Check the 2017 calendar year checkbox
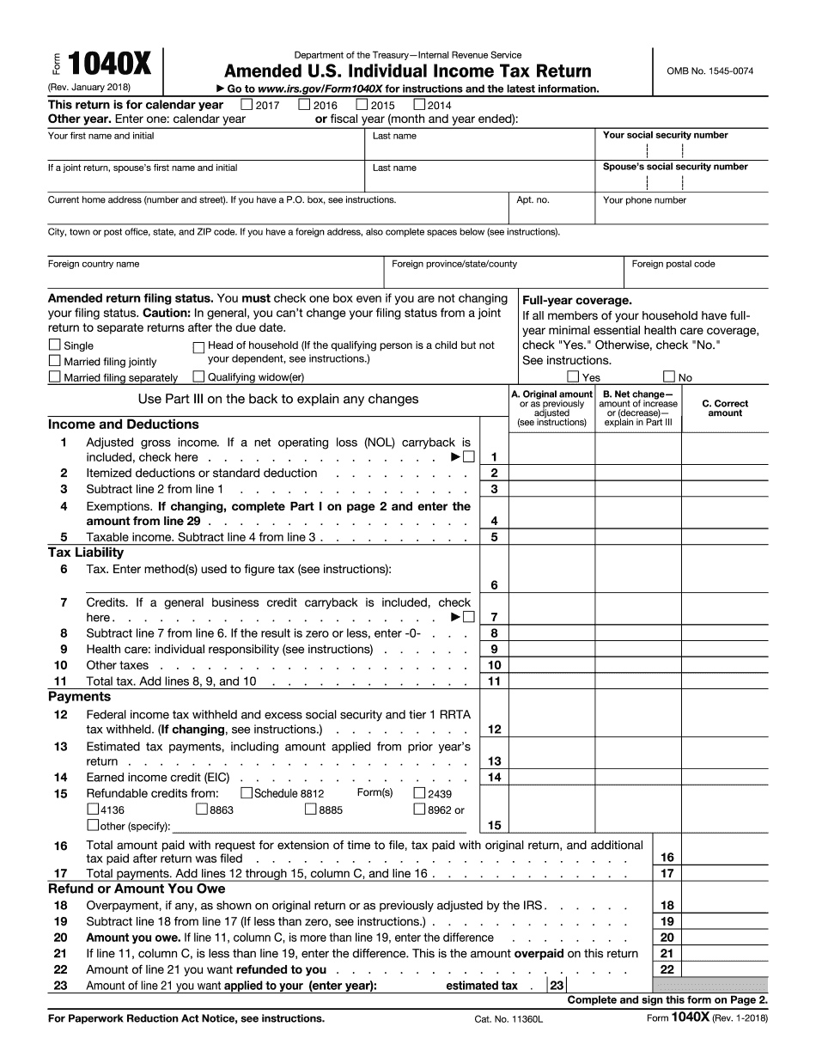247,105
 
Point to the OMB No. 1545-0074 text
709,71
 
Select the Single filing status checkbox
55,345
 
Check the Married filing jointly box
55,362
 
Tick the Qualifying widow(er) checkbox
198,376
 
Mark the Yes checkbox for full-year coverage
573,376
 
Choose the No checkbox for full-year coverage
669,376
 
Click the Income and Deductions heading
123,425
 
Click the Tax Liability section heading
86,553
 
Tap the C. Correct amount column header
725,408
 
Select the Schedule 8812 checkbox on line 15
247,793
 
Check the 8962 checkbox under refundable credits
419,810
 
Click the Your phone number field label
644,200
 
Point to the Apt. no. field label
533,200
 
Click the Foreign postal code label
673,264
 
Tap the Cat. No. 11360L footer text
510,1018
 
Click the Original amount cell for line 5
551,537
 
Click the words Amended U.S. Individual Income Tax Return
407,71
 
